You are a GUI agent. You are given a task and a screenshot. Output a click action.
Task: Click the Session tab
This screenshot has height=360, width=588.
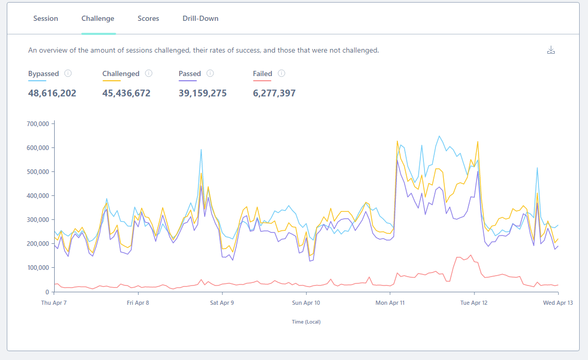click(46, 18)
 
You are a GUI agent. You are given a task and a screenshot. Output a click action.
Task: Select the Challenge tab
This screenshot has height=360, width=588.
click(98, 18)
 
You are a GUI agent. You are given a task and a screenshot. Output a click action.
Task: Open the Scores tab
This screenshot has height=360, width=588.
click(148, 18)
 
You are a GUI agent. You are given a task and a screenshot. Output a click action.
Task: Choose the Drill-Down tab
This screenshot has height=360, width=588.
click(200, 18)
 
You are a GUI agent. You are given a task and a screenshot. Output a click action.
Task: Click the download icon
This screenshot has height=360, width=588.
click(551, 50)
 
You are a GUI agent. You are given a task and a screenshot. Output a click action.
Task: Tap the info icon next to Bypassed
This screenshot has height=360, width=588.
click(68, 73)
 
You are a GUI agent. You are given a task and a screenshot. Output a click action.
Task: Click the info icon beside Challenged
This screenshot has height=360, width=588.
click(149, 73)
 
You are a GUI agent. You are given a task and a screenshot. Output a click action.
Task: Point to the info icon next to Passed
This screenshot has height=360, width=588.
click(210, 73)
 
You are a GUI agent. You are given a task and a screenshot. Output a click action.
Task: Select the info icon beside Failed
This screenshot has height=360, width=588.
click(282, 73)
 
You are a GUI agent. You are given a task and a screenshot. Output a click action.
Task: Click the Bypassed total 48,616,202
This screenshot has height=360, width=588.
click(52, 93)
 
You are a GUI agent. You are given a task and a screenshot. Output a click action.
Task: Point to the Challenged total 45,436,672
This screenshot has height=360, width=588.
click(127, 93)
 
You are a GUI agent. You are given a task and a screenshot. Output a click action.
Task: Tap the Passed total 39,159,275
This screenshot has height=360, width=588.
click(203, 93)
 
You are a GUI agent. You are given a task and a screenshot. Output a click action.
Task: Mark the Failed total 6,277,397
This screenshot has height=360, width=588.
click(274, 93)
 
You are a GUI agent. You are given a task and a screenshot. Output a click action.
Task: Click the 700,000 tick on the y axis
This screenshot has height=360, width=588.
click(38, 124)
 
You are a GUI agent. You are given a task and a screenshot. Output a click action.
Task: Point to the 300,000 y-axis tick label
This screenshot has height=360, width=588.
click(38, 220)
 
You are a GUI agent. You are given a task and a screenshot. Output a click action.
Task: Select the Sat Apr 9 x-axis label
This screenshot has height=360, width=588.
click(222, 303)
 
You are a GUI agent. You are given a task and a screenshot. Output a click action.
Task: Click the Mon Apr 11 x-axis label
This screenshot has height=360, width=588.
click(390, 303)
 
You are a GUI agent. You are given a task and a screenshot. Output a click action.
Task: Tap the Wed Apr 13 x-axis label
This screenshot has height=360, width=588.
click(558, 303)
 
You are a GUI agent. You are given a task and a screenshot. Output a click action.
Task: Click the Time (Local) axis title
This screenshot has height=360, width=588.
click(306, 322)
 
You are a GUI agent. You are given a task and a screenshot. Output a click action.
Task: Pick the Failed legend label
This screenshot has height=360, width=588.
click(262, 73)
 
